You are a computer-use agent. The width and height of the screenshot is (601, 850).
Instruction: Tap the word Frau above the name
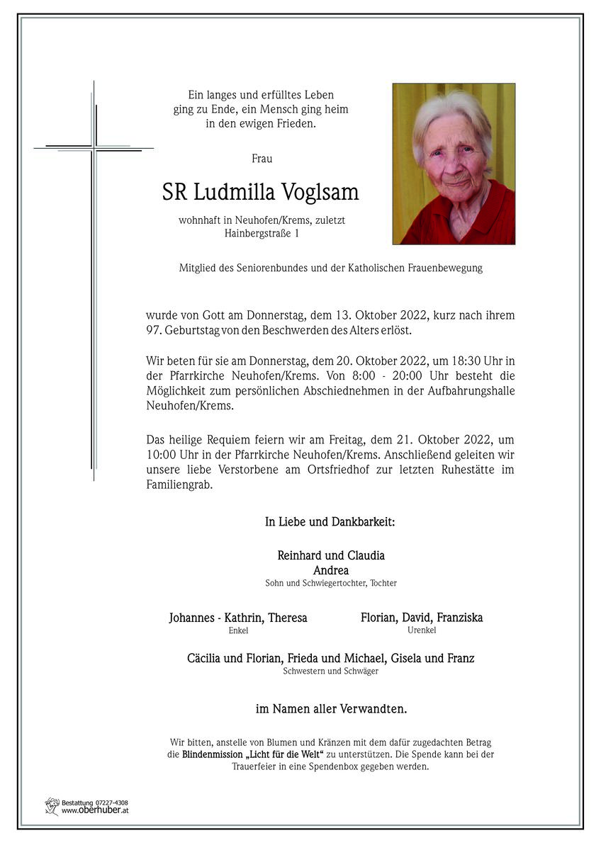[x=262, y=159]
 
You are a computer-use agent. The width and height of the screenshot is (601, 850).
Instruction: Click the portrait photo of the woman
[x=454, y=164]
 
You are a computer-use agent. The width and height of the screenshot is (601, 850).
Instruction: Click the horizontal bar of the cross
[x=94, y=148]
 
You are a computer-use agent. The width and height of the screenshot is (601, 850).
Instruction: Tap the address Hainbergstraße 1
[x=262, y=233]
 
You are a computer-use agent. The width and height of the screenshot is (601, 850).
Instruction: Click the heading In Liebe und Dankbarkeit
[x=330, y=522]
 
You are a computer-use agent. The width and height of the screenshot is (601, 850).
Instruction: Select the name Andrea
[x=330, y=569]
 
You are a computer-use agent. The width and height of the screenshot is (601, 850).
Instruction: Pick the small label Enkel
[x=238, y=630]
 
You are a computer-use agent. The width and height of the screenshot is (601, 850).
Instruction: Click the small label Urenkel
[x=422, y=630]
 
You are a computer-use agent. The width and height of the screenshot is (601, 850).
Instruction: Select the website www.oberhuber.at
[x=95, y=810]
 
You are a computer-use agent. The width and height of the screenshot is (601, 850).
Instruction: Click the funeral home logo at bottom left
[x=52, y=806]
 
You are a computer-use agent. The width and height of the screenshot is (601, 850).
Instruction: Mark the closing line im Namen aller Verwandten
[x=331, y=708]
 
